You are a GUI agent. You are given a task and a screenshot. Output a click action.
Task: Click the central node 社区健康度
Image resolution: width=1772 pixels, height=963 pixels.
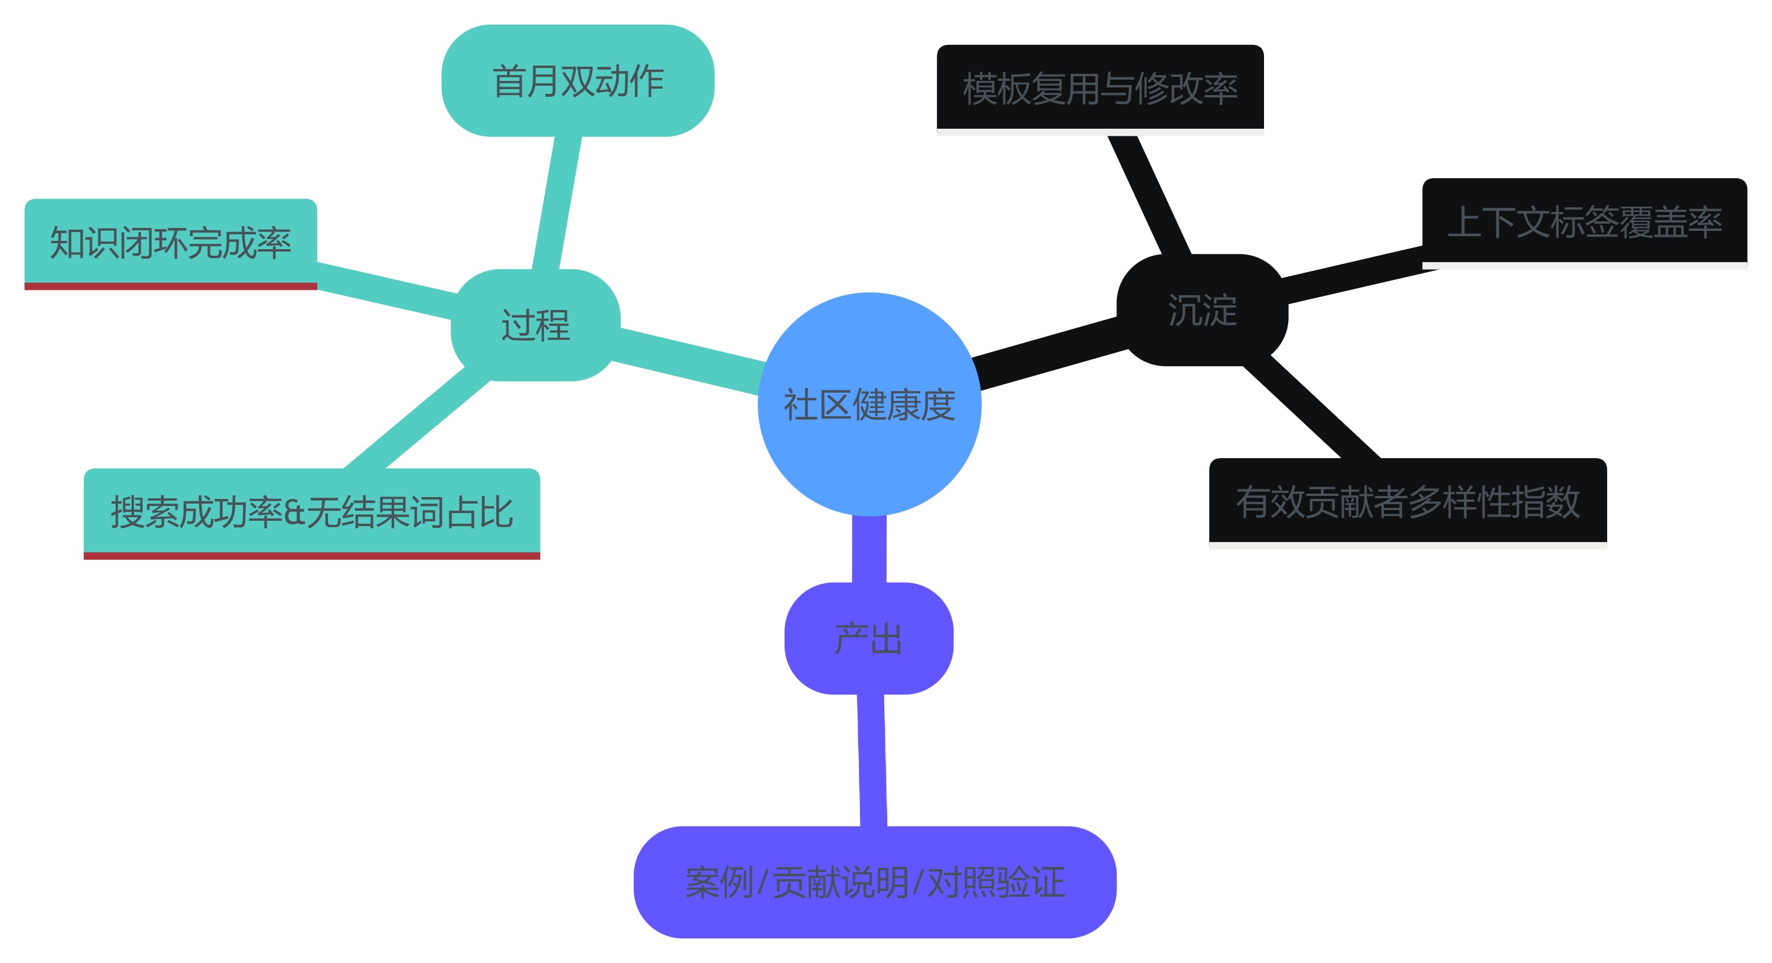click(869, 404)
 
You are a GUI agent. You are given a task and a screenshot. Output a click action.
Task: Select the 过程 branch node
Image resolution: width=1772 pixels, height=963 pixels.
click(535, 325)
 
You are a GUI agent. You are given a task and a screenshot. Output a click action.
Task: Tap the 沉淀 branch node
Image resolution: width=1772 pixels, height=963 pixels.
click(1202, 309)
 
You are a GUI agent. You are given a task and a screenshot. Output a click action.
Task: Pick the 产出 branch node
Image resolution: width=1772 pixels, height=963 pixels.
click(868, 638)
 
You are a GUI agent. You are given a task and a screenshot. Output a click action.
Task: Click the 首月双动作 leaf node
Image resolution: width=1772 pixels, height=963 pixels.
click(578, 80)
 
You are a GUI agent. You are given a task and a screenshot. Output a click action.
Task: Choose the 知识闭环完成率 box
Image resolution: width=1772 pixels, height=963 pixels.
click(171, 242)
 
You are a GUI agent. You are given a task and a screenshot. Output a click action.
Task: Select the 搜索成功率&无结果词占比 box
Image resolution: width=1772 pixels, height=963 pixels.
click(312, 512)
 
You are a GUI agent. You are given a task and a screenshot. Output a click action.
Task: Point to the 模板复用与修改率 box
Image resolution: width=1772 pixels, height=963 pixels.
click(1100, 88)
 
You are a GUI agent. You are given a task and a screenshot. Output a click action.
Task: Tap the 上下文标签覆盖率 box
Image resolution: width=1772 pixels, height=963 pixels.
click(1584, 221)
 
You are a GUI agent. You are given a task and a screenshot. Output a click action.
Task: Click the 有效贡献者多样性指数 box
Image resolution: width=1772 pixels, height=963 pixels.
click(1408, 501)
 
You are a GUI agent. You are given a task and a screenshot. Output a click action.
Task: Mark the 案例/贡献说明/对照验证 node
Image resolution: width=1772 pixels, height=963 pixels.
click(874, 882)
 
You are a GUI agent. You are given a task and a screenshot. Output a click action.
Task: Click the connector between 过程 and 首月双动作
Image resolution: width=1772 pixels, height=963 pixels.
click(557, 203)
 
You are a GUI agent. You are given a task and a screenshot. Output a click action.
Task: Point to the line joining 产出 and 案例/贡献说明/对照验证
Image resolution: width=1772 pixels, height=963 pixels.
click(872, 760)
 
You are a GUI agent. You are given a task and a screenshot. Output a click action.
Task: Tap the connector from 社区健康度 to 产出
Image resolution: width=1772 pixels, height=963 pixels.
click(869, 549)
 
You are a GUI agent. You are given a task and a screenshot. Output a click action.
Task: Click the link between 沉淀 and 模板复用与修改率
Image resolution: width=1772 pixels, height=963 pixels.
click(1149, 194)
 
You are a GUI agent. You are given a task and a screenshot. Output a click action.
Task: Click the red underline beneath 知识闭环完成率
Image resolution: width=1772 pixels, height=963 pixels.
click(171, 286)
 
